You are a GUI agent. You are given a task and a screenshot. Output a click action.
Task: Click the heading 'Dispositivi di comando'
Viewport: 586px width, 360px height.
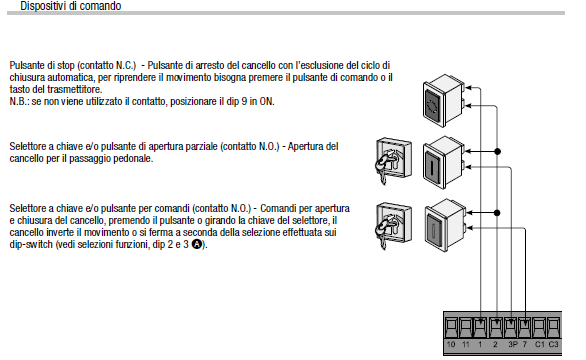click(71, 6)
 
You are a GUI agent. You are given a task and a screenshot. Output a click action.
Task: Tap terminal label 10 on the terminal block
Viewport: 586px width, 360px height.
click(451, 344)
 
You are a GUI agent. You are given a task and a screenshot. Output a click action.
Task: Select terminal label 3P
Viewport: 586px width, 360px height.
click(513, 344)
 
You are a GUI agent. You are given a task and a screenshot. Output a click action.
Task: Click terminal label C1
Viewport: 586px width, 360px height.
click(539, 344)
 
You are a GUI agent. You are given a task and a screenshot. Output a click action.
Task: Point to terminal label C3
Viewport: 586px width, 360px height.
click(553, 344)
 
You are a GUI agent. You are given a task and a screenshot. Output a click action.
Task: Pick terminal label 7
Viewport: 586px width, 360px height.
click(525, 344)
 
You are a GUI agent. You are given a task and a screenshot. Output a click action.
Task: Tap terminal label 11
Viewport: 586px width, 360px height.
click(466, 344)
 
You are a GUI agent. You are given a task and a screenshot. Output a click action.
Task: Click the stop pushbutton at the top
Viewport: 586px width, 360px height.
click(444, 100)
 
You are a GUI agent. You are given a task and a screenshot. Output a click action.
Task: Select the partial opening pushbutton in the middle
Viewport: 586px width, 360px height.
click(444, 162)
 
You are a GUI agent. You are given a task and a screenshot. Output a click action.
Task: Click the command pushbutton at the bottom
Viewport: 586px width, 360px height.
click(445, 225)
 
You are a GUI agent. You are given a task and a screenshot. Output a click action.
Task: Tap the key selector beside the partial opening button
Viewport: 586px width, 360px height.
click(393, 161)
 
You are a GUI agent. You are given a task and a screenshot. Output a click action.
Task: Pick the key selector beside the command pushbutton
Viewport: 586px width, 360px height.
click(393, 225)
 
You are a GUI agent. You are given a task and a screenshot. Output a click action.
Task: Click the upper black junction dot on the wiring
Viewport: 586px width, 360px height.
click(497, 151)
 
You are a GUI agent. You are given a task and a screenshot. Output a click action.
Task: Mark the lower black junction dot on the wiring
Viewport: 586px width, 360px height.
click(497, 213)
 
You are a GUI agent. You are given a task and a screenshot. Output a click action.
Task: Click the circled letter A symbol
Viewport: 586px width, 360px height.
click(197, 244)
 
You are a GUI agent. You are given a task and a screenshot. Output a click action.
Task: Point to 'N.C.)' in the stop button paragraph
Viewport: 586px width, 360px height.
click(126, 65)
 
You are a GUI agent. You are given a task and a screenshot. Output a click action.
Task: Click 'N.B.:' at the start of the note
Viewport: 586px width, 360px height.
click(19, 102)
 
